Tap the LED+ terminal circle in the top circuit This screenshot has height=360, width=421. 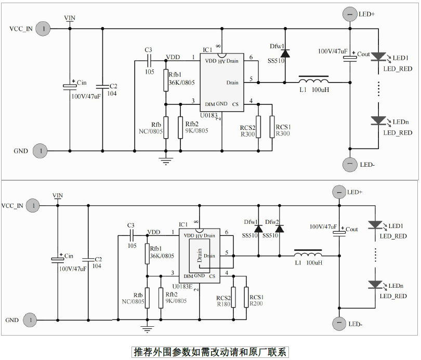click(350, 15)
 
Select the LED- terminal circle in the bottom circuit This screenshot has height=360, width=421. click(339, 324)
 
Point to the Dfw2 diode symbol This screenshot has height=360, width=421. click(279, 229)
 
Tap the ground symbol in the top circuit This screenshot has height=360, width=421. click(166, 159)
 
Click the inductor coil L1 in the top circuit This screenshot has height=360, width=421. click(313, 81)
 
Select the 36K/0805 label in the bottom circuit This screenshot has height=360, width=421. click(162, 256)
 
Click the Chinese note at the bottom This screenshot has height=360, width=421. click(210, 352)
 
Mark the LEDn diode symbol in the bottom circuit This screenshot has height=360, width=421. click(375, 285)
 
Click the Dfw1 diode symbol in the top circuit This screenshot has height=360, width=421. click(285, 53)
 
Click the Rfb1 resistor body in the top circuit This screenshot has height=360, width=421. click(166, 80)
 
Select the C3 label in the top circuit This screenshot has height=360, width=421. click(148, 50)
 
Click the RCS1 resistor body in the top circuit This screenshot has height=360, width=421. click(271, 127)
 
